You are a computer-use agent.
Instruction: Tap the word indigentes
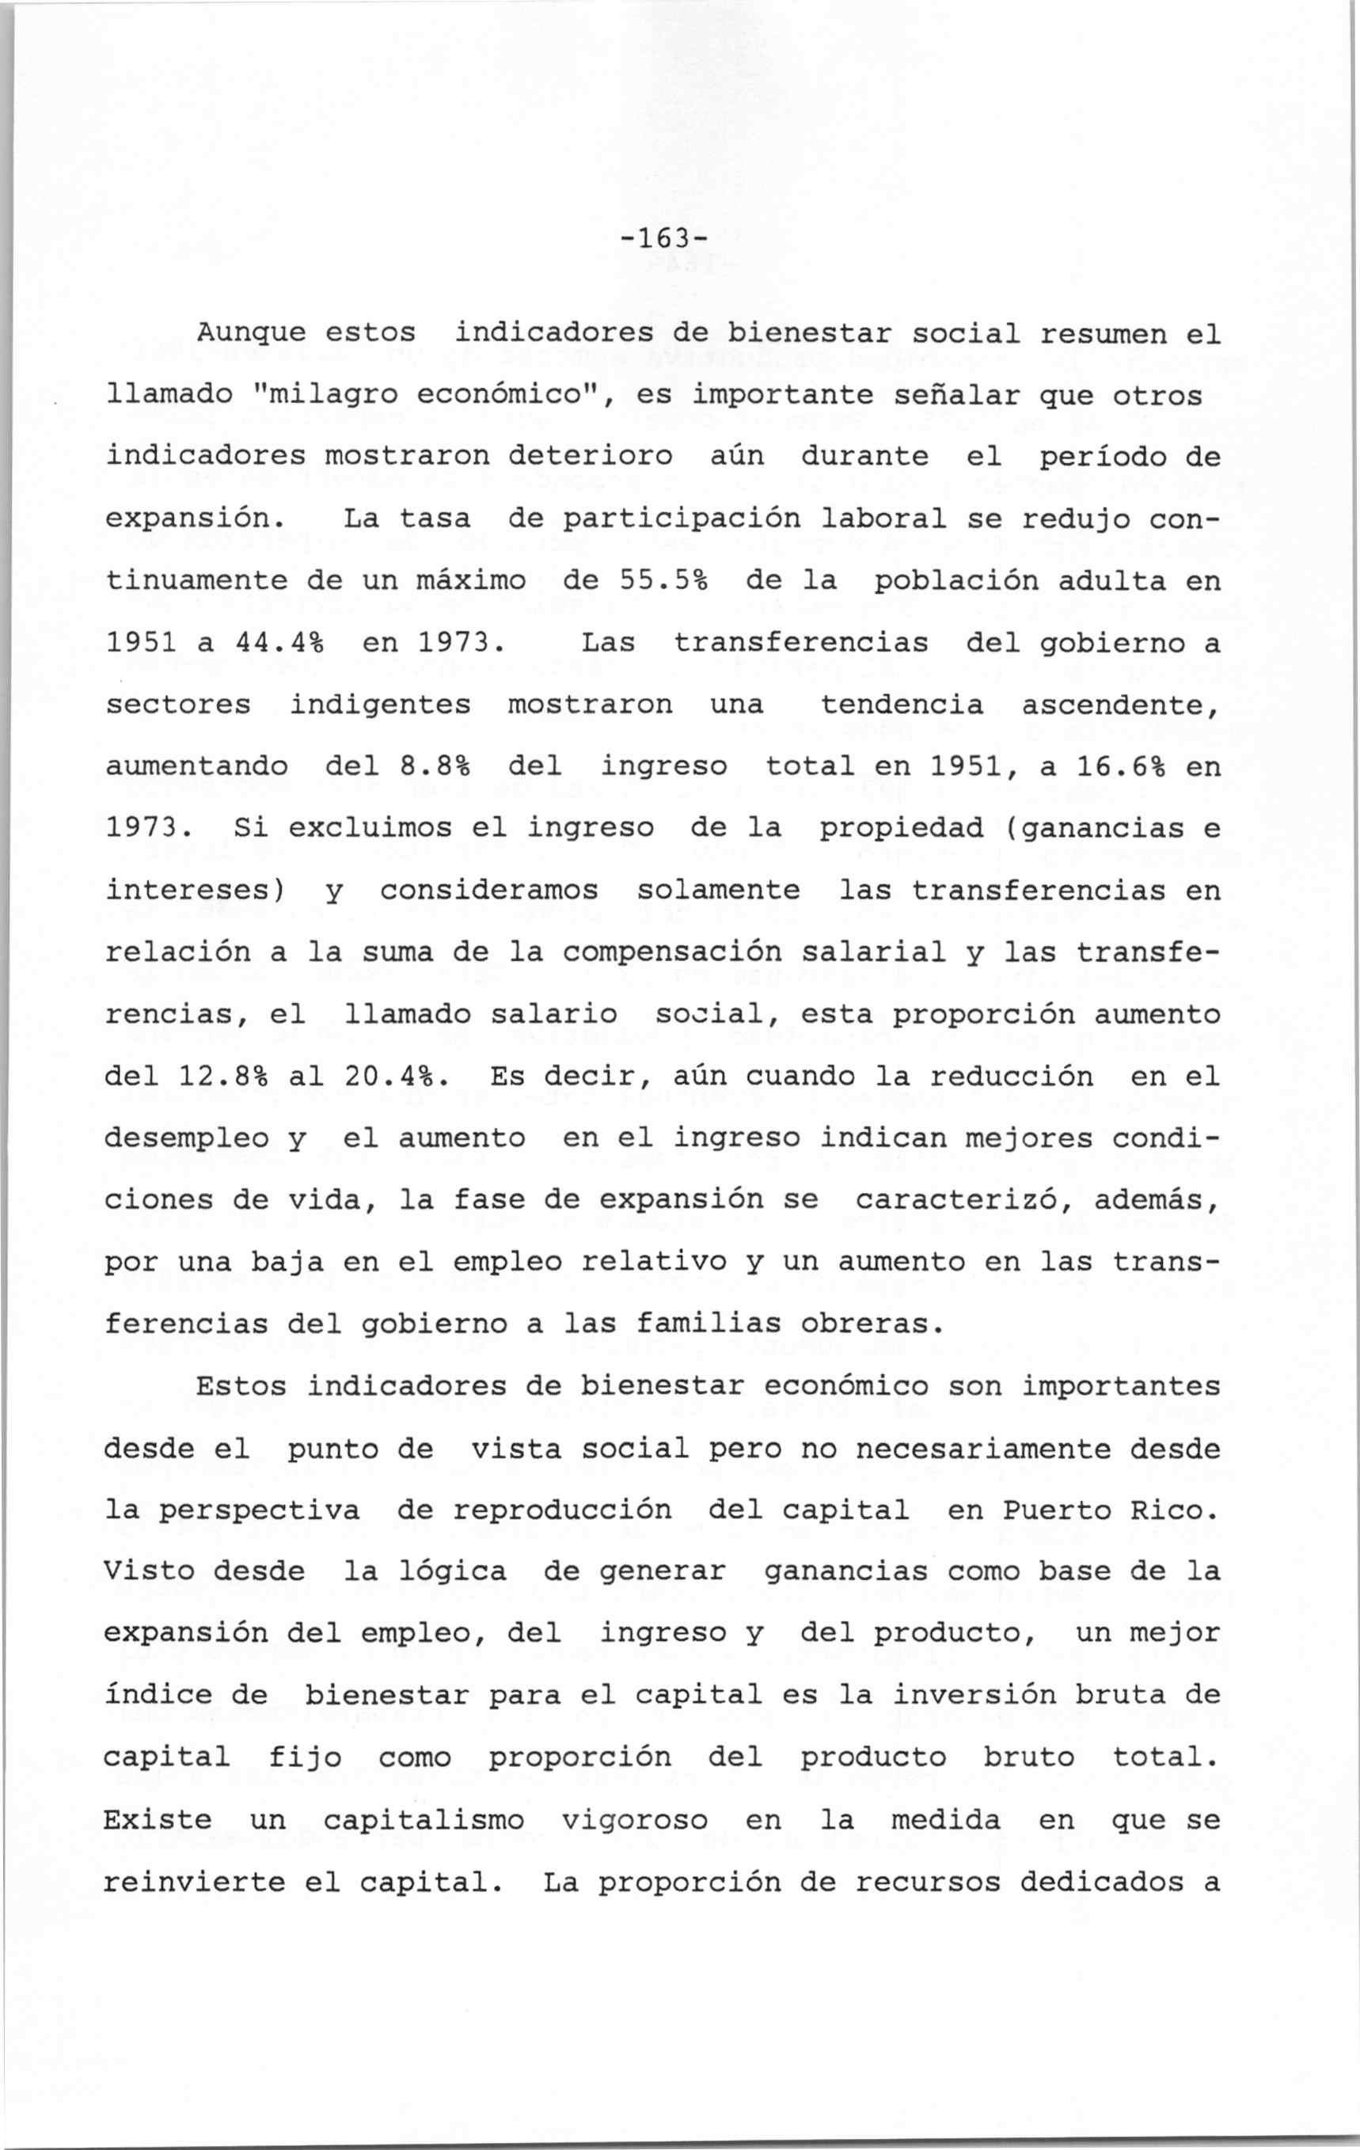[381, 705]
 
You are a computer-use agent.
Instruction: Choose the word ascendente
[1120, 705]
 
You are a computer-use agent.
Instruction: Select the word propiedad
[901, 829]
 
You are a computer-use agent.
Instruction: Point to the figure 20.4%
[397, 1077]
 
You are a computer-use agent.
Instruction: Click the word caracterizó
[963, 1200]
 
